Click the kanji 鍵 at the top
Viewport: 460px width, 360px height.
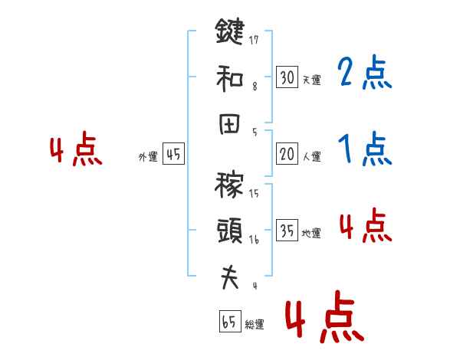tap(229, 34)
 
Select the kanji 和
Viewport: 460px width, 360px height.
tap(229, 77)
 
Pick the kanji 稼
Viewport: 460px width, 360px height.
tap(229, 185)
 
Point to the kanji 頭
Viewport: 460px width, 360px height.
tap(229, 229)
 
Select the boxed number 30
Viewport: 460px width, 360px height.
tap(287, 77)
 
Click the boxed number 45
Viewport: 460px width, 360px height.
tap(173, 155)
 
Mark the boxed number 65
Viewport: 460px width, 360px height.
tap(229, 322)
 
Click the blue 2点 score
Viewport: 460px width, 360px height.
tap(364, 74)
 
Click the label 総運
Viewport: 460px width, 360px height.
tap(254, 325)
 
